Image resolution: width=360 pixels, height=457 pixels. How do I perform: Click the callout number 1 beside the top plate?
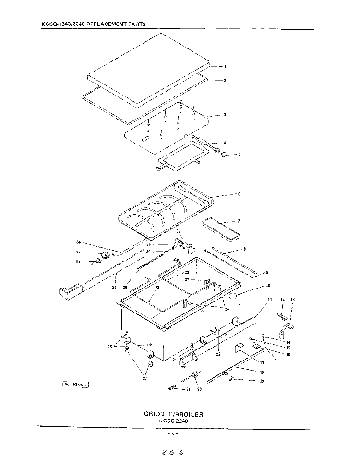tap(225, 67)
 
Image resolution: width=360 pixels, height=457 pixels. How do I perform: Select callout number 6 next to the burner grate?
tap(239, 194)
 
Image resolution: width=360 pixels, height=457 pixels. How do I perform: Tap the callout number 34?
tap(79, 242)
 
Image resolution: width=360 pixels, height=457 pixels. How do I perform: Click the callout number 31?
tap(114, 288)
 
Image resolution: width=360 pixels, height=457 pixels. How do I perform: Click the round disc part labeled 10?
tap(233, 296)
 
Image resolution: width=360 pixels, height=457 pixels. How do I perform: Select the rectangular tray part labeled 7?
tap(220, 229)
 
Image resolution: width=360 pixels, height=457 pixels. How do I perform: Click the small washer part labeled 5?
tap(224, 155)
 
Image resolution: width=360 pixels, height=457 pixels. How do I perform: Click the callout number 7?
tap(238, 221)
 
